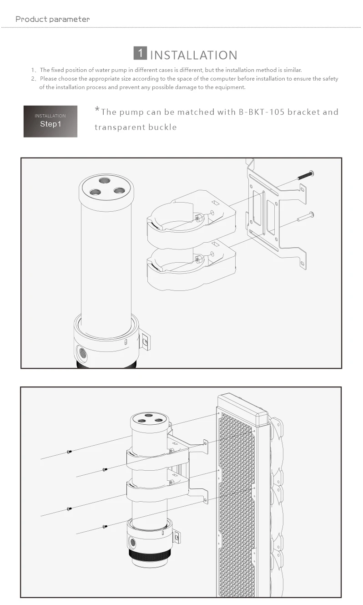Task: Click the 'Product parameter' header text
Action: coord(52,19)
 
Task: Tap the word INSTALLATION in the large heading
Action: coord(193,56)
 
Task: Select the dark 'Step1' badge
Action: coord(50,121)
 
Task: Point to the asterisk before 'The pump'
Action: coord(97,110)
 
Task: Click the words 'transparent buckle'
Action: coord(136,127)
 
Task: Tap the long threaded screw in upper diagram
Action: coord(305,174)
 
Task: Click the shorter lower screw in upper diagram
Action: coord(306,217)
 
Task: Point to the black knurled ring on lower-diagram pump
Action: coord(150,554)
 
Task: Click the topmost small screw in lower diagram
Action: coord(69,452)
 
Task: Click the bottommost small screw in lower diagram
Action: coord(105,526)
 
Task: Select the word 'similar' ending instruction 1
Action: coord(291,70)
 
